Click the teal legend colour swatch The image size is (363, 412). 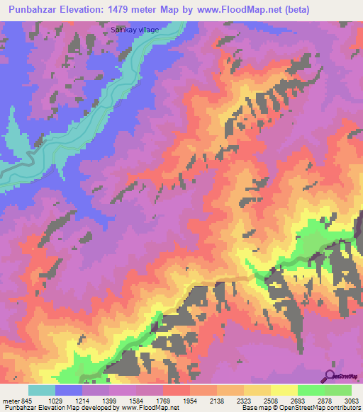coord(42,390)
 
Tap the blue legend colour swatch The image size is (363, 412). coord(69,390)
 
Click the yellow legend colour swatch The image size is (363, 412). coord(284,390)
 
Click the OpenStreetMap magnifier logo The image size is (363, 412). coord(330,376)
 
